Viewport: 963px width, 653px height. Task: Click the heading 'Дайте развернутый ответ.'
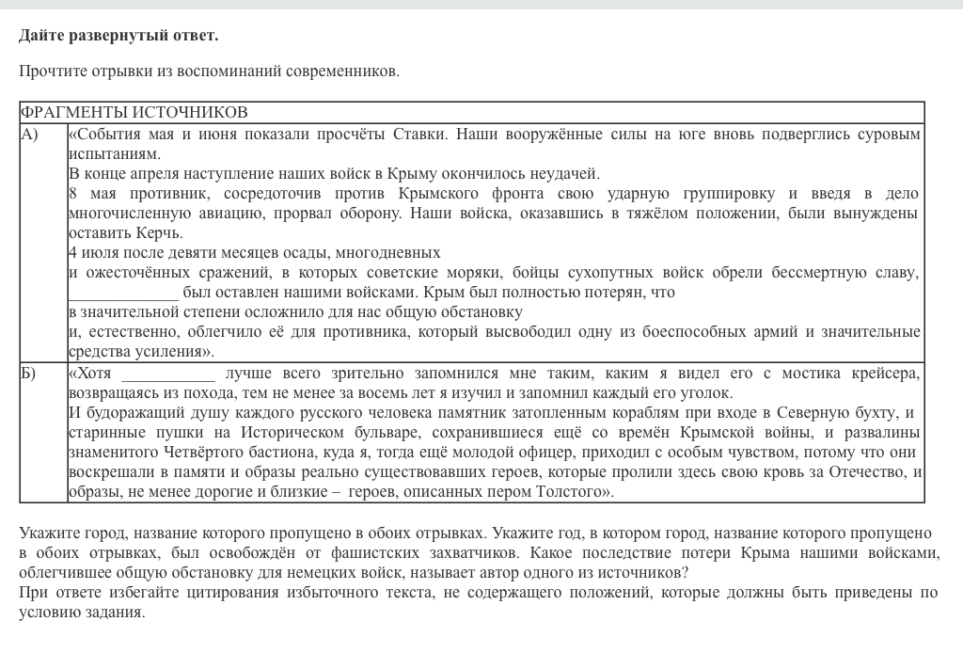pyautogui.click(x=118, y=36)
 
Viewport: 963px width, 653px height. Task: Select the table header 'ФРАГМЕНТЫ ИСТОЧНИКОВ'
pyautogui.click(x=134, y=113)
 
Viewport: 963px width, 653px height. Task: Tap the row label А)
pyautogui.click(x=30, y=135)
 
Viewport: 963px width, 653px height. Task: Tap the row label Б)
pyautogui.click(x=29, y=374)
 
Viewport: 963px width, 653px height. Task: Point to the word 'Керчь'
pyautogui.click(x=159, y=232)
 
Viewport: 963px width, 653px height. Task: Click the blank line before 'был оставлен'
pyautogui.click(x=122, y=293)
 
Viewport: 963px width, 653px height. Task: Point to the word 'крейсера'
pyautogui.click(x=887, y=374)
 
